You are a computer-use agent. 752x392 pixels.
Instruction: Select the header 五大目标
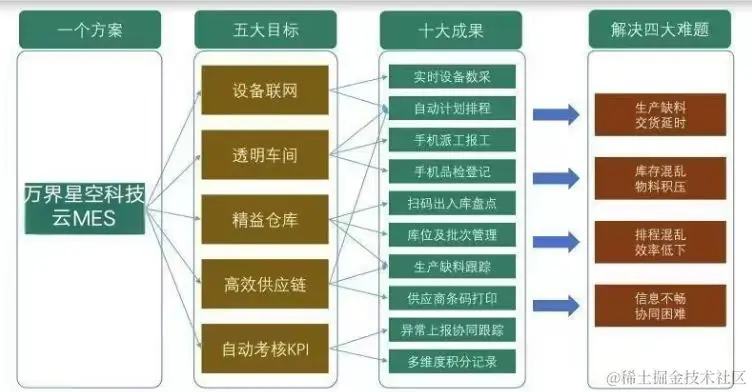tap(265, 29)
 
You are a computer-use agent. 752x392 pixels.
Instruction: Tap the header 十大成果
tap(450, 29)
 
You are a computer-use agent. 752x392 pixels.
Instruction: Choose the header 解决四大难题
tap(661, 29)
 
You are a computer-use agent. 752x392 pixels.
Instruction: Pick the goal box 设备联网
tap(265, 91)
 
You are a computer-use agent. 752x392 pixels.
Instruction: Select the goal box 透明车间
tap(265, 155)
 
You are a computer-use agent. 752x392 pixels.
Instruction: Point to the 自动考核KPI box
tap(265, 350)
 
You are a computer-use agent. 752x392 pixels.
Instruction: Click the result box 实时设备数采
tap(451, 77)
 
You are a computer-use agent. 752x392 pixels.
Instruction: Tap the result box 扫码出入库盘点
tap(451, 204)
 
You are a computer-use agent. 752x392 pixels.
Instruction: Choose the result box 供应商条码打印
tap(451, 297)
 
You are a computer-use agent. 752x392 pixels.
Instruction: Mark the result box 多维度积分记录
tap(451, 360)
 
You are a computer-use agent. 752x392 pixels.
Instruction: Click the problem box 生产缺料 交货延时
tap(661, 114)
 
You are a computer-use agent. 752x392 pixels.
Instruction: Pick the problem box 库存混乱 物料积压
tap(661, 177)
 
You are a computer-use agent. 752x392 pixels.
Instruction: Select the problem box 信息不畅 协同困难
tap(661, 304)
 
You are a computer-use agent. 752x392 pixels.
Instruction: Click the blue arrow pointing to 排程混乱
tap(555, 241)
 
